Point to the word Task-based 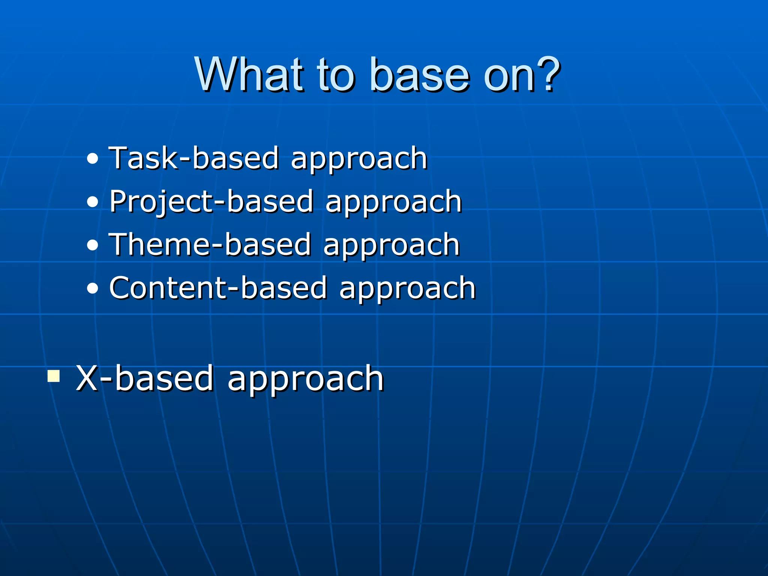coord(193,158)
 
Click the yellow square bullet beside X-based coord(54,376)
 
